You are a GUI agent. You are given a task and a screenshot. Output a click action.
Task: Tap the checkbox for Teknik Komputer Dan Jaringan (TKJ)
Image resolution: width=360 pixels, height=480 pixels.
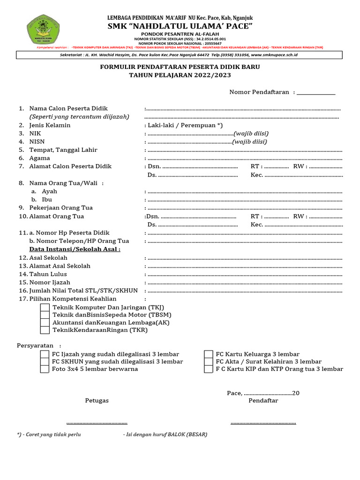[45, 307]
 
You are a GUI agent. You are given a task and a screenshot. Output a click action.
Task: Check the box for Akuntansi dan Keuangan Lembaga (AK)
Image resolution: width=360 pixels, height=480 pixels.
[45, 322]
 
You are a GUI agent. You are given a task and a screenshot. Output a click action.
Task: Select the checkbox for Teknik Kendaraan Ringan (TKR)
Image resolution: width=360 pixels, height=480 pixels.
[45, 330]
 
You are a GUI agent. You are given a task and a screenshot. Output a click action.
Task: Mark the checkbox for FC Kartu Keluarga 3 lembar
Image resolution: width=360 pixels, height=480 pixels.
[209, 354]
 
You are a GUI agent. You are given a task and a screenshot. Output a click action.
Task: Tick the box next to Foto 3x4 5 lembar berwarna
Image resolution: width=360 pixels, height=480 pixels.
[45, 369]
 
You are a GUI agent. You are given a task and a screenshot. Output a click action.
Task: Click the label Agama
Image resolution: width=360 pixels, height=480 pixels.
[39, 158]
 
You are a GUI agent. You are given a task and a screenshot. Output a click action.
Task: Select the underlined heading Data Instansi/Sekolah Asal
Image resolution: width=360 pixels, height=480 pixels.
[75, 249]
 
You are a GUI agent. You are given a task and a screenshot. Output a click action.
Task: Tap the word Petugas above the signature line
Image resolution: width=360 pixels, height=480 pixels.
[97, 401]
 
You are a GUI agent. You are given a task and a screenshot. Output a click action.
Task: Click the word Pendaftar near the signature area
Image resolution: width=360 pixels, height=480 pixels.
[263, 401]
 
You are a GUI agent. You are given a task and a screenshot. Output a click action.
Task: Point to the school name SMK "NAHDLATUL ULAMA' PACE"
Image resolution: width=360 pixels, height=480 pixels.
[180, 26]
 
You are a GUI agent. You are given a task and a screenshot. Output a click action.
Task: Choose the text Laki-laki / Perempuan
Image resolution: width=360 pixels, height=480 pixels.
[182, 125]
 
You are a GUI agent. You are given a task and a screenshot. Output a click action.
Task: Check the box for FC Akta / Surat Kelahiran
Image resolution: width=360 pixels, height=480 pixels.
[209, 362]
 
